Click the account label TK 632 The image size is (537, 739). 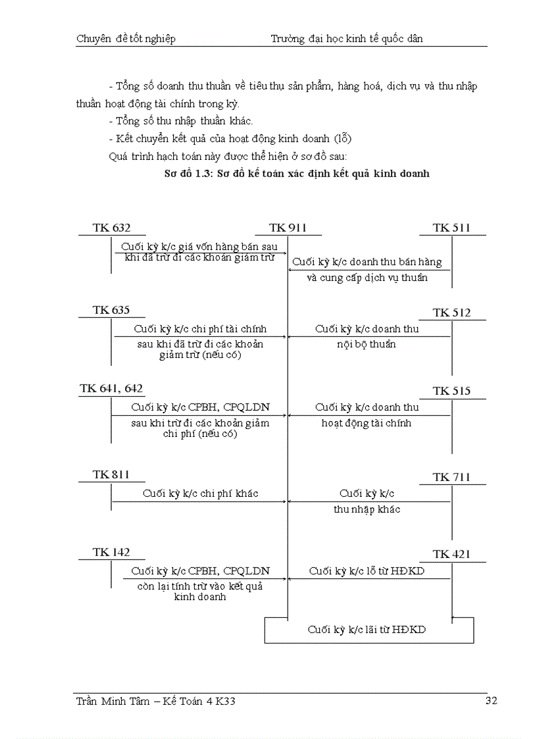tap(111, 228)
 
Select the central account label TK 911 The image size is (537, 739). tap(288, 228)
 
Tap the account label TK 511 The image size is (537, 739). tap(451, 228)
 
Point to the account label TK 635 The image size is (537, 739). tap(111, 310)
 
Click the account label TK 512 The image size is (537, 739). tap(451, 313)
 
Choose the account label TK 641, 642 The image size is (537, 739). tap(111, 388)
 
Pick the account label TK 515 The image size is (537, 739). tap(451, 391)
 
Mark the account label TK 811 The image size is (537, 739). tap(111, 474)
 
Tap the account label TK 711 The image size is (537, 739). tap(451, 477)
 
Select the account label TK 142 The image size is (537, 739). tap(111, 552)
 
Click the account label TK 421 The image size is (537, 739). tap(451, 555)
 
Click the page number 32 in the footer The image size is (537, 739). tap(491, 701)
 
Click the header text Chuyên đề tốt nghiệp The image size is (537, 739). tap(126, 39)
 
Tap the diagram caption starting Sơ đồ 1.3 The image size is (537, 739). tap(296, 174)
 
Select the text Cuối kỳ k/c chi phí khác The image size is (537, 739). tap(201, 494)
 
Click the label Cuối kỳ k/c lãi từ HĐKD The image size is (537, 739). tap(367, 630)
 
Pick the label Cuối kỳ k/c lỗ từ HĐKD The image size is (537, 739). tap(367, 571)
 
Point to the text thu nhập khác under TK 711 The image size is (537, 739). tap(367, 509)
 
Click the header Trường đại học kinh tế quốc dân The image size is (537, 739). tap(346, 39)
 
